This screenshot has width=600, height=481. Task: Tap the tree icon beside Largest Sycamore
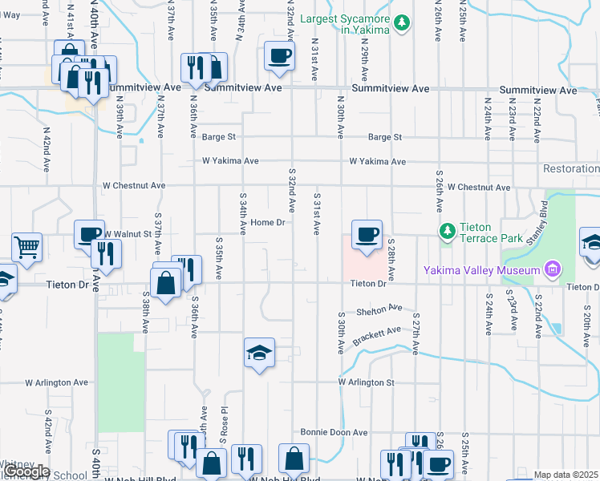[403, 25]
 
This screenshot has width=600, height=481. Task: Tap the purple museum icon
[552, 270]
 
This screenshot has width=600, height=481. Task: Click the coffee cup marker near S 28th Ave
[367, 235]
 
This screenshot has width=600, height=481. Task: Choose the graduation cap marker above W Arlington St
[259, 354]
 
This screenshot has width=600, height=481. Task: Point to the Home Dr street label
[268, 222]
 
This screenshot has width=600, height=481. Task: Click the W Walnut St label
[127, 234]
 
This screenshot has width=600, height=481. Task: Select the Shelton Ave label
[379, 308]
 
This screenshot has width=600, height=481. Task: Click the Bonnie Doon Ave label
[334, 432]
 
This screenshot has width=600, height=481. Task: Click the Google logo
[26, 472]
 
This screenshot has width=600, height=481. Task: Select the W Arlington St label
[367, 382]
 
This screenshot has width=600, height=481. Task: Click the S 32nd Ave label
[291, 190]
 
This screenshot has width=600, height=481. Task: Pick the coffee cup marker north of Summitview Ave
[279, 56]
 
